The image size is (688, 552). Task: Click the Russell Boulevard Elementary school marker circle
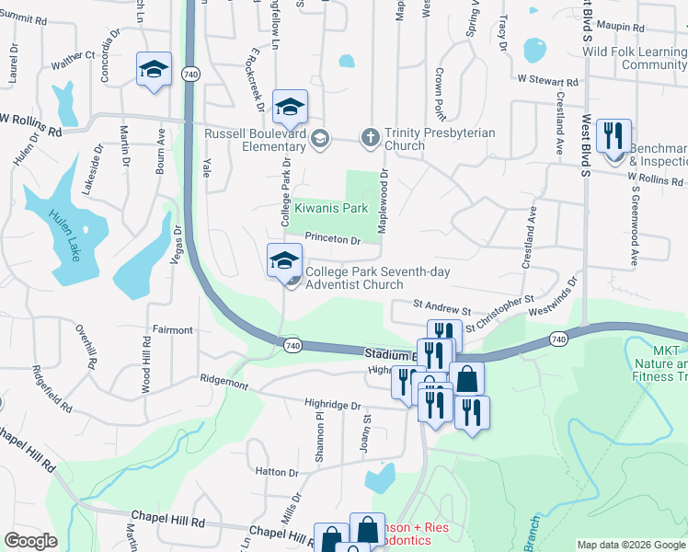(x=320, y=139)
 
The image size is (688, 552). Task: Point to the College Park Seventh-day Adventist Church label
(x=354, y=278)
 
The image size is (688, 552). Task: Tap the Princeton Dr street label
(x=333, y=238)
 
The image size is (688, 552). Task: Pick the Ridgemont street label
(x=224, y=379)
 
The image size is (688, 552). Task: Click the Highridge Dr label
(x=332, y=405)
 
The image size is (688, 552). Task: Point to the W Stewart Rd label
(x=547, y=81)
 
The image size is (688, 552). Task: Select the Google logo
(x=30, y=541)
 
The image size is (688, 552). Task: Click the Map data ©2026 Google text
(x=631, y=545)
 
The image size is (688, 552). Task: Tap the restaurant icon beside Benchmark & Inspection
(x=612, y=135)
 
